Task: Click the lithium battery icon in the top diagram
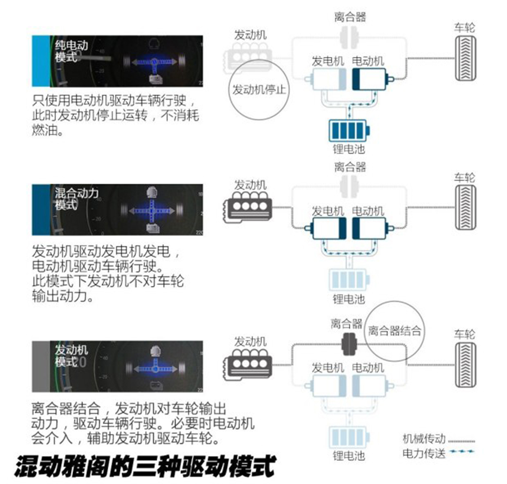349,131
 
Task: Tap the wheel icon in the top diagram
465,58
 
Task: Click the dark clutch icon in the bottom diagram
349,344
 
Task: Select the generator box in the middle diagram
326,228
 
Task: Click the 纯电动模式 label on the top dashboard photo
71,51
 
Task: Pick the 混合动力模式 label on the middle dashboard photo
77,199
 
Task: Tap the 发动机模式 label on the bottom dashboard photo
71,355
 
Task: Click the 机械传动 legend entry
439,439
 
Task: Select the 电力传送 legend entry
438,453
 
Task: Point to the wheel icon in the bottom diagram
465,365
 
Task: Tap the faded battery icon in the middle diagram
349,279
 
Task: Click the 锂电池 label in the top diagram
349,149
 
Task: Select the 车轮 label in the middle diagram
465,177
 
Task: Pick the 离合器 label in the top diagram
350,16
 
